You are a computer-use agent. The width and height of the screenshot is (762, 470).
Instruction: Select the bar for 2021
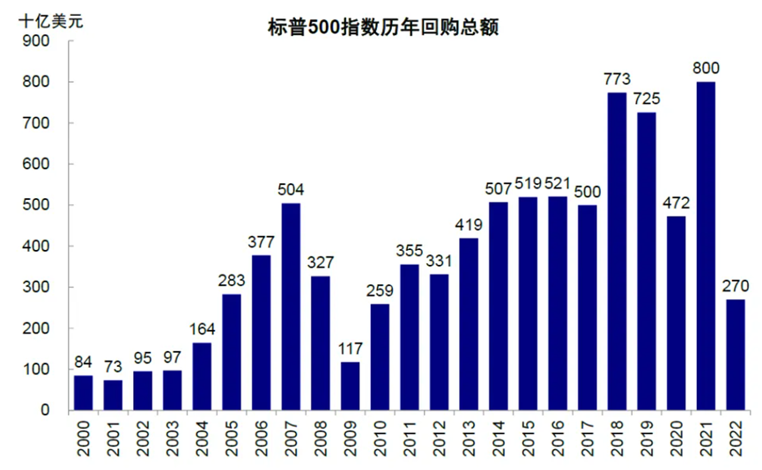tap(706, 246)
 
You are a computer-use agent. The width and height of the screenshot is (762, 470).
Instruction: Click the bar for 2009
tap(351, 386)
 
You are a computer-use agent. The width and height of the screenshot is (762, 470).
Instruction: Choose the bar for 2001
tap(114, 395)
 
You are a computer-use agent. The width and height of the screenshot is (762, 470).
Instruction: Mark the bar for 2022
tap(736, 355)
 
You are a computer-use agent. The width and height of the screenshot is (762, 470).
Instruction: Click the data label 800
tap(706, 68)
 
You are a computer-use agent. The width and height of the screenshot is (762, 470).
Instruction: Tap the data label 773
tap(617, 79)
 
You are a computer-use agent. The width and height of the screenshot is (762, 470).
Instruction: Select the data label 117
tap(351, 349)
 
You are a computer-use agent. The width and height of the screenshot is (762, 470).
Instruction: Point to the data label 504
tap(292, 190)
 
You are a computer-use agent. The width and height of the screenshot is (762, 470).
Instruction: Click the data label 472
tap(677, 203)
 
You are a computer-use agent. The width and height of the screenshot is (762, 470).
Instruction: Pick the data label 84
tap(84, 363)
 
